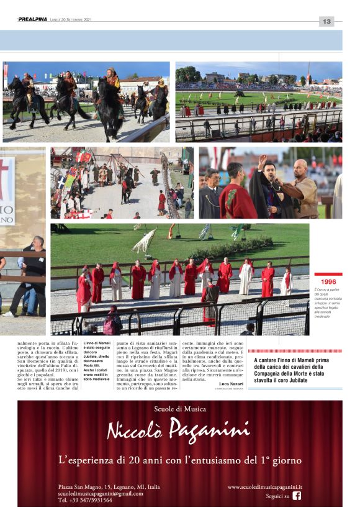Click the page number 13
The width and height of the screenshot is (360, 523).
pos(326,21)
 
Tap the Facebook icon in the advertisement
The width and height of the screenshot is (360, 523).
pos(297,495)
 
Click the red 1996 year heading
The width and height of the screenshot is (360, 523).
pos(328,281)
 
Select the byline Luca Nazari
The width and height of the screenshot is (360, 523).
pos(231,384)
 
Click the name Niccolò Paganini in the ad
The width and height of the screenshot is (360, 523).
pos(179,429)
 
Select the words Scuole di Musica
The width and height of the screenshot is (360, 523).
pos(179,408)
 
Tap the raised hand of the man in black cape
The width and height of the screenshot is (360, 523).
pos(263,160)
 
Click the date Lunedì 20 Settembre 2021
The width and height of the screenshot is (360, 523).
pos(71,20)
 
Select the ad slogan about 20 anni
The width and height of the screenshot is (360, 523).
pos(179,460)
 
